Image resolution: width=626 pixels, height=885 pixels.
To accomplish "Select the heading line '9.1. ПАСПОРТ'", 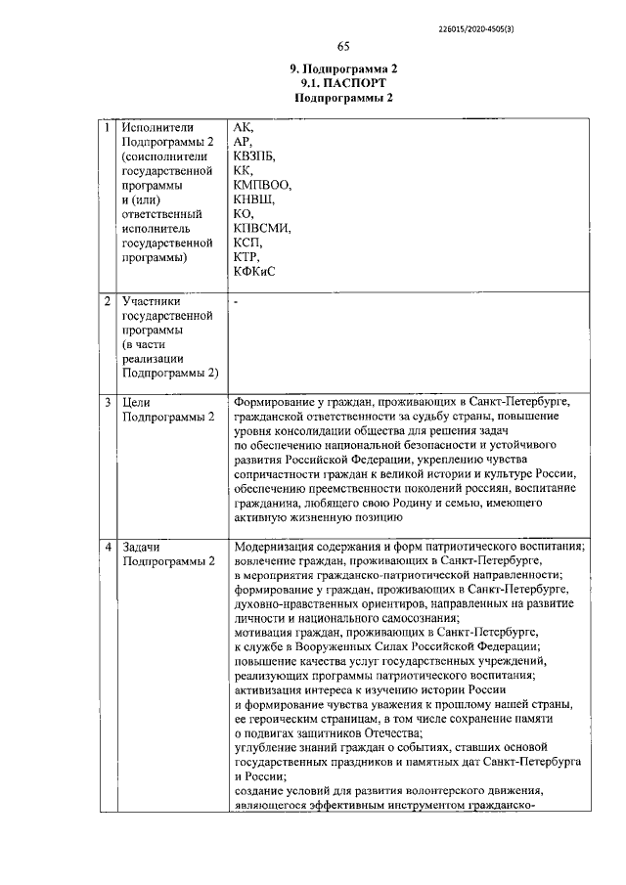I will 343,84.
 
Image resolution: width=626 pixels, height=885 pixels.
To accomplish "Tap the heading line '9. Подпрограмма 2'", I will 343,69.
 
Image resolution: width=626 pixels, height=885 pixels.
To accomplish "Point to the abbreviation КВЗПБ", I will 254,156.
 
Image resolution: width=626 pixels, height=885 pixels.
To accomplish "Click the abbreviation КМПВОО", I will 263,185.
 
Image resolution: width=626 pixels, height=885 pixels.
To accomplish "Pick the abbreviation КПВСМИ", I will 263,228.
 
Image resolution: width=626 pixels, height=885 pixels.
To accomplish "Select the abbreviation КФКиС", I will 254,271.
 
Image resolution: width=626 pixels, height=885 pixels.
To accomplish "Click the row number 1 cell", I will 108,128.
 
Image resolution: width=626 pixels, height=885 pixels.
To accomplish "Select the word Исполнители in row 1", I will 155,128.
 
